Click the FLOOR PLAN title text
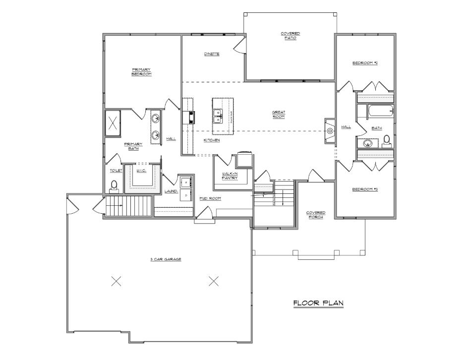click(318, 302)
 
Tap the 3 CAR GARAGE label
click(166, 259)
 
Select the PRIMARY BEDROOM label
click(141, 71)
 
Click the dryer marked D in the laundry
click(186, 195)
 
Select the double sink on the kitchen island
click(217, 117)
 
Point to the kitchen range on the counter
click(189, 117)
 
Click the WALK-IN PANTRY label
click(230, 176)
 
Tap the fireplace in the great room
click(330, 130)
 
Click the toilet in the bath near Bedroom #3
click(387, 143)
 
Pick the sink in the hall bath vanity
click(367, 143)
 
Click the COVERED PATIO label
click(291, 35)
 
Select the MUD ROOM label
click(210, 198)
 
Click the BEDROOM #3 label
click(365, 189)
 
